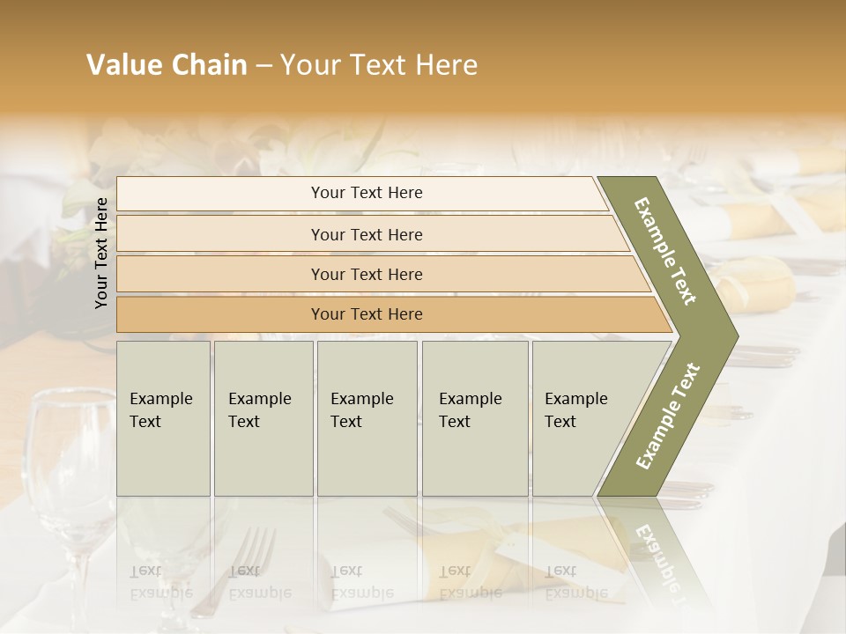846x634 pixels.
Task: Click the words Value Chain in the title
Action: [167, 65]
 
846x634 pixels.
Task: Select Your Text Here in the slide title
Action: [379, 65]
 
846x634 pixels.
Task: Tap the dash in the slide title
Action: [263, 66]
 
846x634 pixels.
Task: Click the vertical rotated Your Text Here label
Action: [101, 253]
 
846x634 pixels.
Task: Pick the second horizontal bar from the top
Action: [366, 234]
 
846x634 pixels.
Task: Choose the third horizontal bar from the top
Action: [366, 274]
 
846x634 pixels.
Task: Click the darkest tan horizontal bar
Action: [366, 314]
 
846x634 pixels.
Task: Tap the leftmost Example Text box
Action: [163, 418]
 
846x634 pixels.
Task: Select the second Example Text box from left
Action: [263, 418]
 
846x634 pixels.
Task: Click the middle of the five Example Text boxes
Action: [367, 418]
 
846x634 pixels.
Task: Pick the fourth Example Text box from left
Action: [474, 418]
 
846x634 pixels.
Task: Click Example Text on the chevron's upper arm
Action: [666, 251]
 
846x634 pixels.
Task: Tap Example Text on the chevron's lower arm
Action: [668, 416]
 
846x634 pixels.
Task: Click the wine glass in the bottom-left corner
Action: [70, 493]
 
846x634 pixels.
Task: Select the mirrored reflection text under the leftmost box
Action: [161, 582]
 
